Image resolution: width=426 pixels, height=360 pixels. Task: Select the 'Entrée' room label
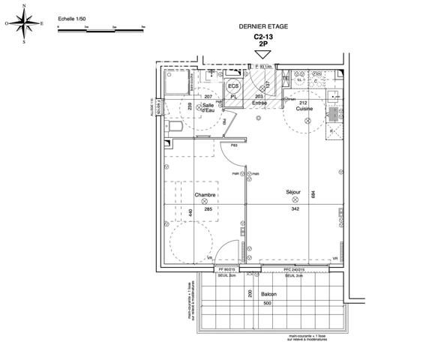[x=259, y=103]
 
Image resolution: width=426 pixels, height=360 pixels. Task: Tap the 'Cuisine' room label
[x=303, y=108]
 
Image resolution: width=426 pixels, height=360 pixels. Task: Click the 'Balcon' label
[x=268, y=295]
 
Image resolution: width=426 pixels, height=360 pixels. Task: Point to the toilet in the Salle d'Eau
[x=172, y=131]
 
